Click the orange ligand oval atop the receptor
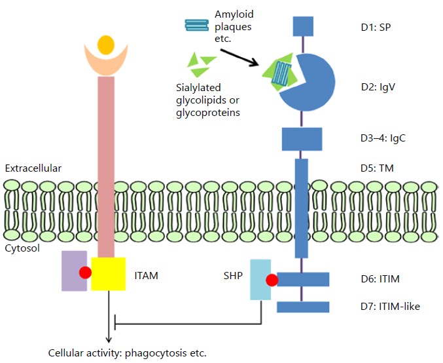105,45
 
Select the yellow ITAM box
108,274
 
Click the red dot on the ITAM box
85,273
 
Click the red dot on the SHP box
272,280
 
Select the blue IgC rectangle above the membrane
302,139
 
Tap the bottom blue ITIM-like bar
302,307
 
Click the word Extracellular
33,168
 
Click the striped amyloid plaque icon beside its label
197,24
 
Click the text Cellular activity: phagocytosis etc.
127,353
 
